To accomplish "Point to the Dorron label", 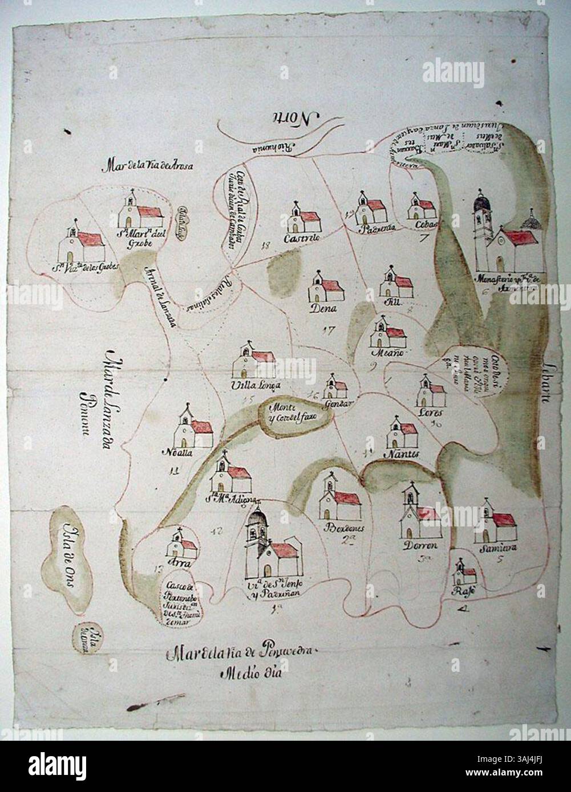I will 420,545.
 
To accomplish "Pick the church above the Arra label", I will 181,545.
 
